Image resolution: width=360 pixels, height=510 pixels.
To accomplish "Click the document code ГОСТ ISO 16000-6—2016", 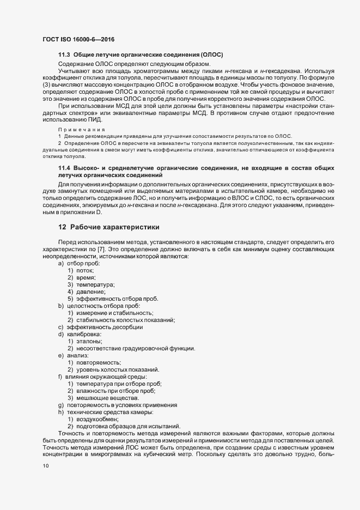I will pos(78,39).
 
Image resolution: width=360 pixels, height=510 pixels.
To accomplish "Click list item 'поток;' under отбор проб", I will pos(84,270).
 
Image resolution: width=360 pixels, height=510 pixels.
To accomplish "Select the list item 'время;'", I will pos(86,277).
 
